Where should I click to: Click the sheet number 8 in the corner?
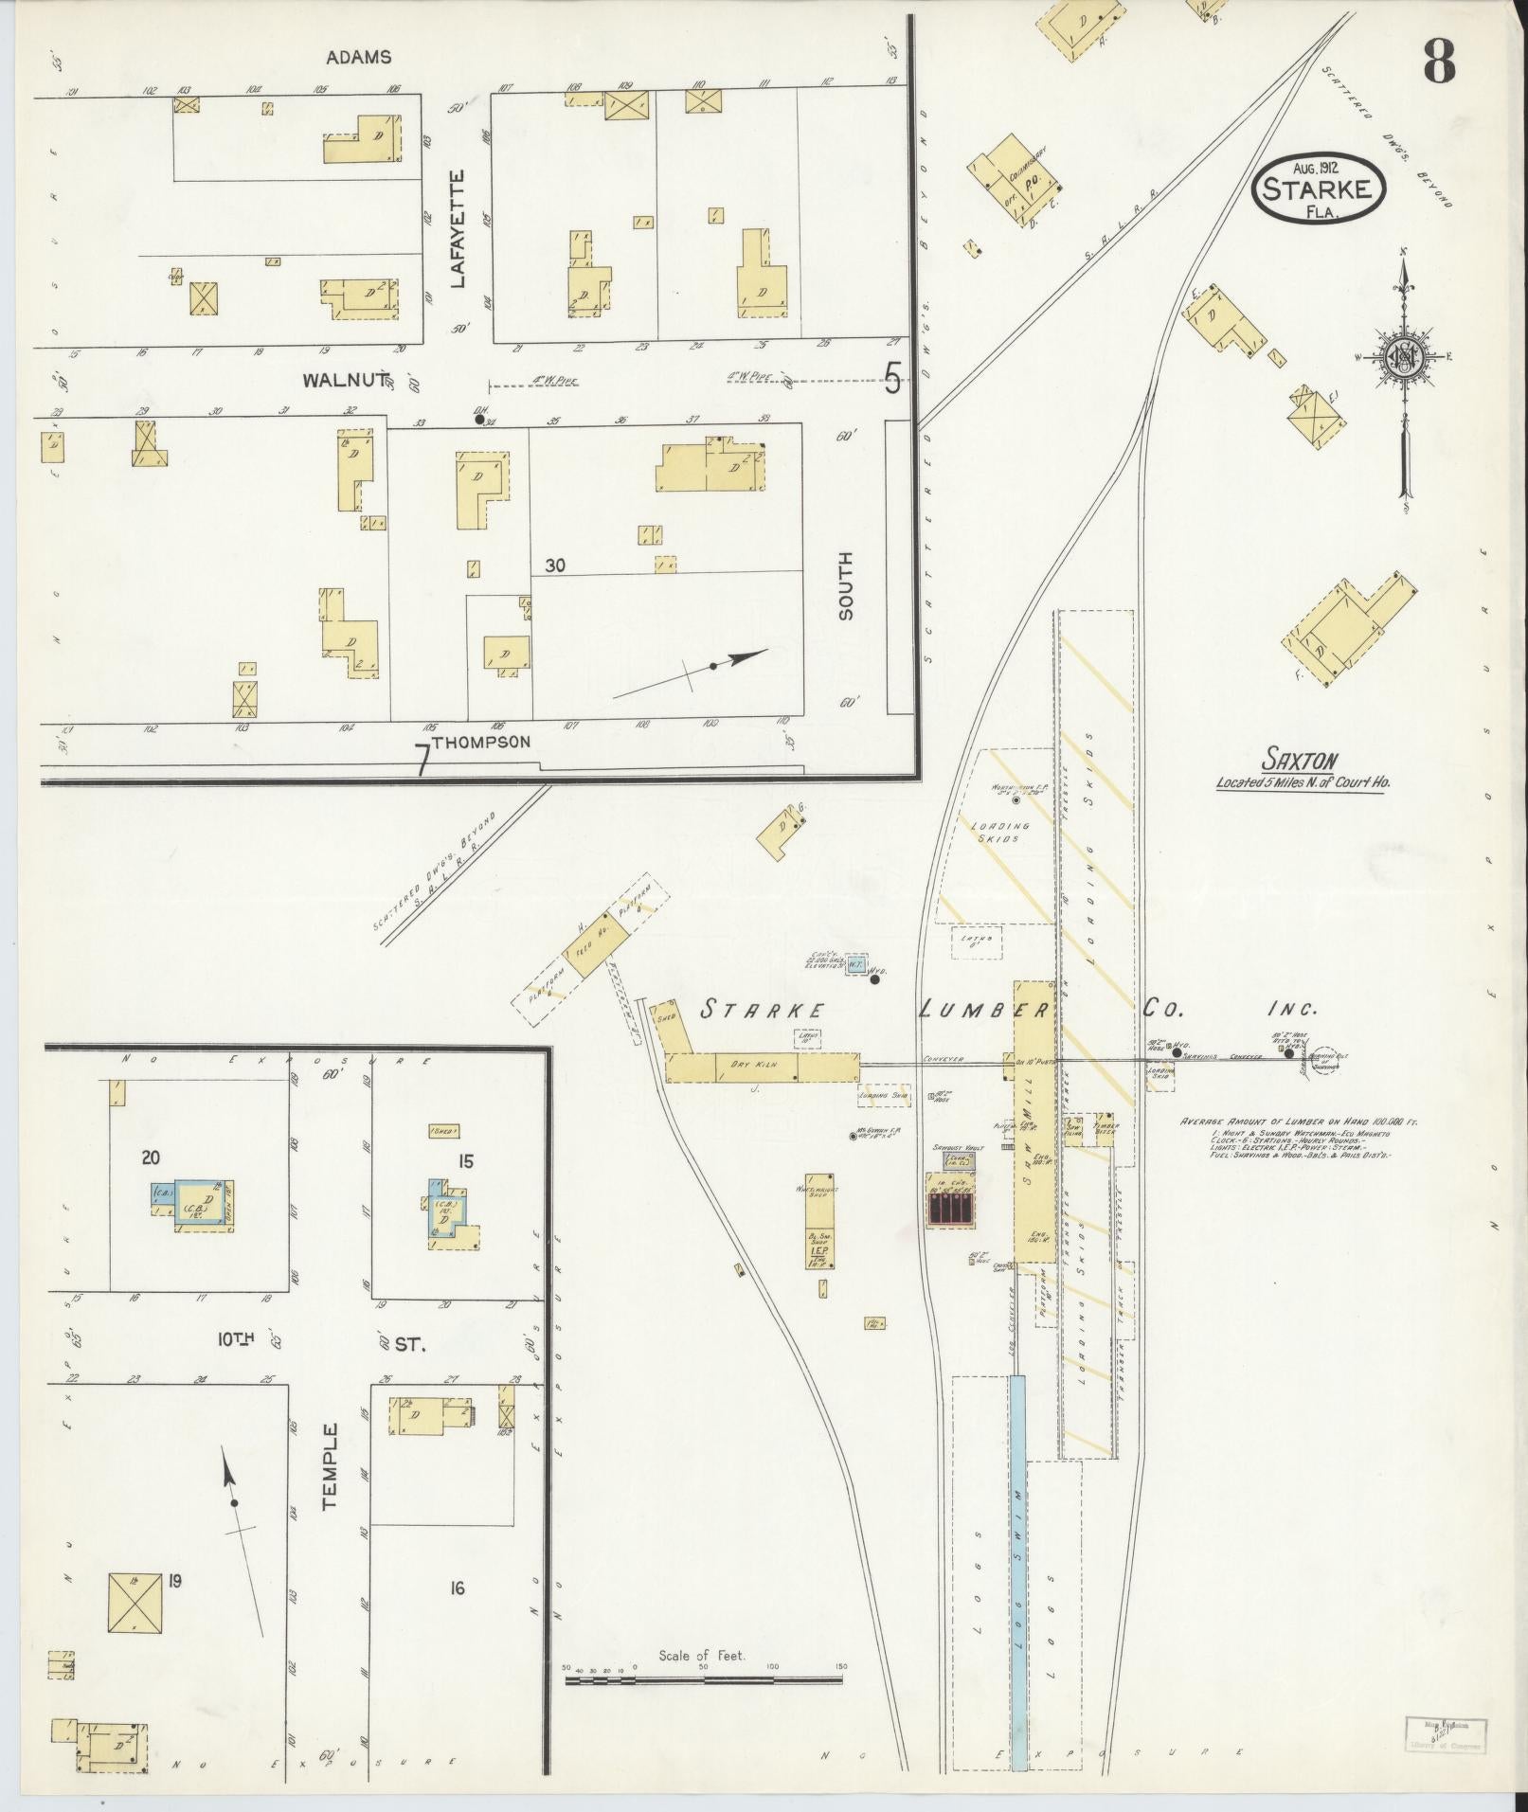(1437, 64)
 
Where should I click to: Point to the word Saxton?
(1300, 759)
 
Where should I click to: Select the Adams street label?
(358, 58)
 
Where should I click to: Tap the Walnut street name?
(344, 381)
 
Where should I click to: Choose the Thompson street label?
(480, 742)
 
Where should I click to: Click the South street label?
(845, 586)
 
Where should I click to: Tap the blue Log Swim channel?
(1018, 1572)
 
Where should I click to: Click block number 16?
(458, 1588)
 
